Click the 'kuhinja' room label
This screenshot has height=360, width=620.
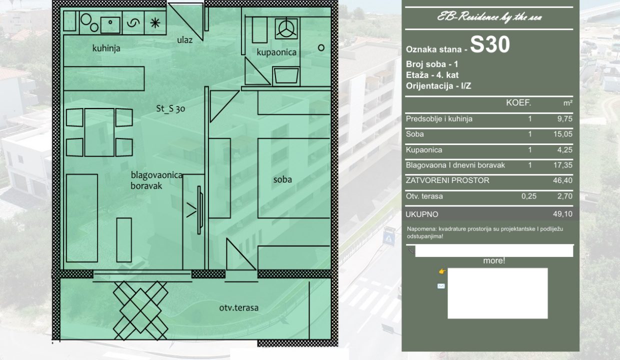(106, 48)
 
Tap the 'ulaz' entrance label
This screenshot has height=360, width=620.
(184, 40)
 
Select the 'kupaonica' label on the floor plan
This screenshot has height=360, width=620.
(276, 52)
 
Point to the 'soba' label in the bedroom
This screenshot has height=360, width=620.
(282, 179)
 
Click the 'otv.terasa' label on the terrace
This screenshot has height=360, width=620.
(239, 307)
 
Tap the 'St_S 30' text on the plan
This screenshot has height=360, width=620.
(170, 108)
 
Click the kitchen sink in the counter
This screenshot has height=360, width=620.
(110, 25)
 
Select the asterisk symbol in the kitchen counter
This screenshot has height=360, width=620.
(155, 22)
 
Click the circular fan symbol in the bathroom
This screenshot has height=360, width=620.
(286, 28)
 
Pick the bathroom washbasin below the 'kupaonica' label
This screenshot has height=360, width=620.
(286, 76)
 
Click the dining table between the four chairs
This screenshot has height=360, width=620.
(99, 132)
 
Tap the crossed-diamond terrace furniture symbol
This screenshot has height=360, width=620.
(140, 310)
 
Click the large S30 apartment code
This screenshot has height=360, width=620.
(490, 45)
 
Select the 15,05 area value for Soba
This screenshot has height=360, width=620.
(562, 134)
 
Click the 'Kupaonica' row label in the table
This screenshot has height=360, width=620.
(424, 149)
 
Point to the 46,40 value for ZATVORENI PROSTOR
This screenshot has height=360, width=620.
(562, 180)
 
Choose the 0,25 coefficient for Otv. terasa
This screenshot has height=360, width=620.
(529, 196)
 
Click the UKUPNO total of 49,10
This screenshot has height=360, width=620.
(562, 214)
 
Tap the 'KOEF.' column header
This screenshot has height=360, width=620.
(518, 103)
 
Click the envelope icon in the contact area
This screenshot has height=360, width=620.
(441, 286)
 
